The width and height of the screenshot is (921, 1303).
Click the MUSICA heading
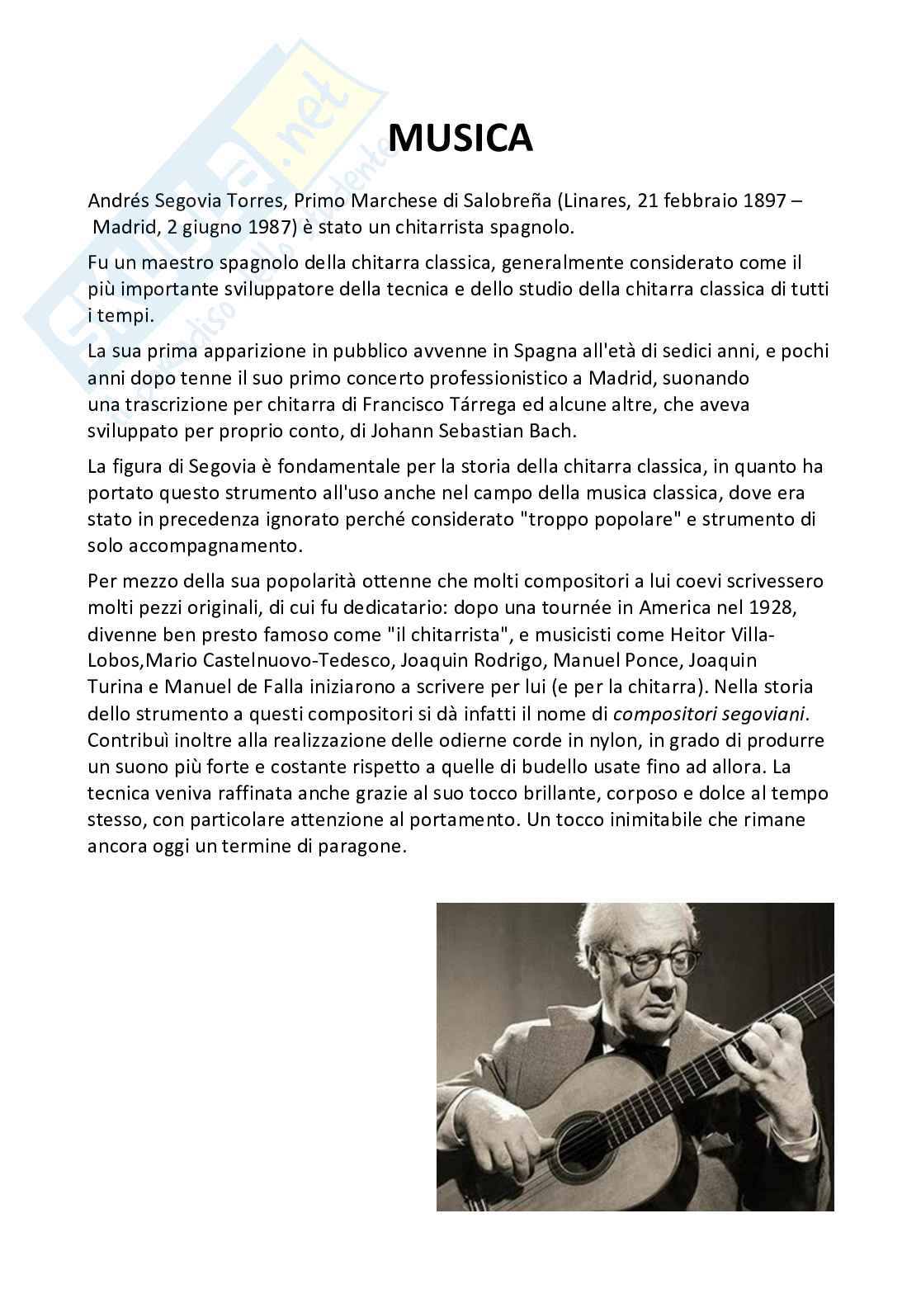(460, 138)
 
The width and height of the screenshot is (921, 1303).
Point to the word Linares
(593, 202)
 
